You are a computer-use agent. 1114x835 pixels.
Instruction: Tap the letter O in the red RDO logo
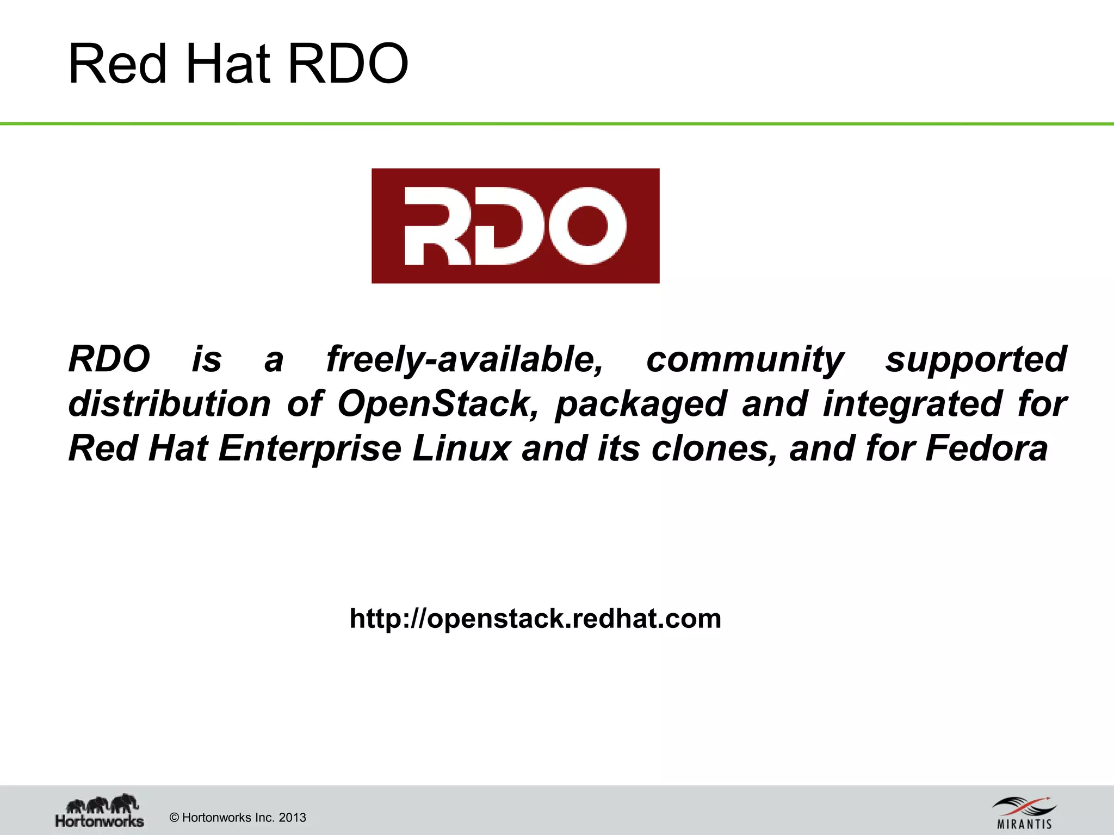pyautogui.click(x=587, y=226)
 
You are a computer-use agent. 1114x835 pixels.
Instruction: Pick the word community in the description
pyautogui.click(x=745, y=359)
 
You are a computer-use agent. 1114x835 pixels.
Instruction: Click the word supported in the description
pyautogui.click(x=976, y=359)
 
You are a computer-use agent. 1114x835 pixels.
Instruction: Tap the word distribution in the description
pyautogui.click(x=169, y=404)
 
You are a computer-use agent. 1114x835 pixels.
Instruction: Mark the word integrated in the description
pyautogui.click(x=912, y=404)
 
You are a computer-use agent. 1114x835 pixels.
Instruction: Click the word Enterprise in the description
pyautogui.click(x=310, y=448)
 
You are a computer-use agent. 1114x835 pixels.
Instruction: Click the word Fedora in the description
pyautogui.click(x=986, y=448)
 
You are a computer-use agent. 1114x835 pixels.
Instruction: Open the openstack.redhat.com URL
pyautogui.click(x=535, y=619)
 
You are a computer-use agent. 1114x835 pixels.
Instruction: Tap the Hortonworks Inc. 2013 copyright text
pyautogui.click(x=238, y=818)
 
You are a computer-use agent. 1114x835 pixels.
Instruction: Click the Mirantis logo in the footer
pyautogui.click(x=1024, y=813)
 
